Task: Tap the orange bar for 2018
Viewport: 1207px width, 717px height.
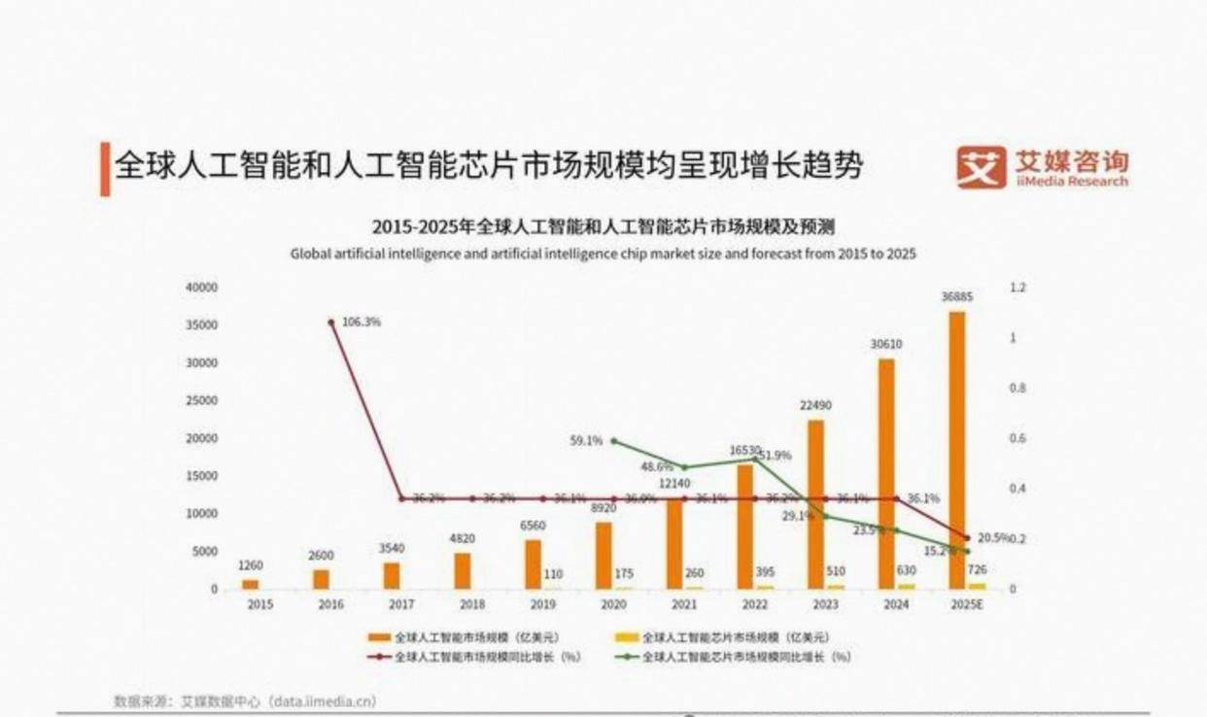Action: (x=463, y=571)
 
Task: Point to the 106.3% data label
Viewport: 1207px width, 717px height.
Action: (x=362, y=322)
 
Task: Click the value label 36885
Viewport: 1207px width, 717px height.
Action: (x=957, y=297)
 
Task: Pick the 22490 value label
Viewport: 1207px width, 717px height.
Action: (x=815, y=405)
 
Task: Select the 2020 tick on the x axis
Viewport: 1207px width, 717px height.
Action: (x=612, y=604)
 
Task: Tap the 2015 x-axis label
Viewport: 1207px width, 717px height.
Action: (x=259, y=604)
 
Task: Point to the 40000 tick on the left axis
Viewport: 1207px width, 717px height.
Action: (x=202, y=288)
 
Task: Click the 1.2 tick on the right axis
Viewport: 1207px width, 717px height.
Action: (x=1017, y=288)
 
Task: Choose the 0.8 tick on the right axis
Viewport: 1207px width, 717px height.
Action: (x=1017, y=389)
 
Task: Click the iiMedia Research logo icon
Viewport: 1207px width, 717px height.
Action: (x=981, y=167)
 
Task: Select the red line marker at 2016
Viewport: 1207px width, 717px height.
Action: (x=331, y=322)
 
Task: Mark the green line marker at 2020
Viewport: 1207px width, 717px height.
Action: (x=613, y=441)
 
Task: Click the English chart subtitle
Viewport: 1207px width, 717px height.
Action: (x=603, y=253)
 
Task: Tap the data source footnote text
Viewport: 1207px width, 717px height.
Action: (x=245, y=700)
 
